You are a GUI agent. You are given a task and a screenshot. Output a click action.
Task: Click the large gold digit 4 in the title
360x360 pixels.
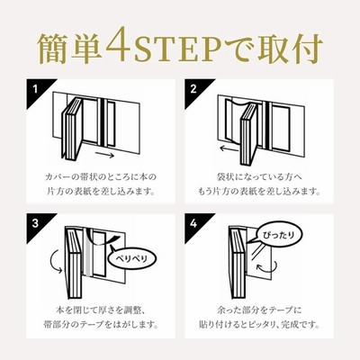click(x=118, y=44)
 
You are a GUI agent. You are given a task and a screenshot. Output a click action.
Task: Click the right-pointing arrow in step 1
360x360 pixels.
click(x=105, y=156)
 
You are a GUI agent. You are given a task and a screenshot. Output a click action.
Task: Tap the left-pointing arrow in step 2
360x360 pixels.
click(x=229, y=148)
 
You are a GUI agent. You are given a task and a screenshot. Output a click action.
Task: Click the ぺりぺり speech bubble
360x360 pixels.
click(x=131, y=257)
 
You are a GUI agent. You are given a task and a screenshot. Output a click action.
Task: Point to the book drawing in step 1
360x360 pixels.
click(x=73, y=128)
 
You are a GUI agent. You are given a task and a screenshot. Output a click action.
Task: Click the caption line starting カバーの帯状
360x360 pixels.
click(x=101, y=176)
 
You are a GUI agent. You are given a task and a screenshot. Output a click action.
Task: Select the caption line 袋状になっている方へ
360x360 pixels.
click(x=259, y=176)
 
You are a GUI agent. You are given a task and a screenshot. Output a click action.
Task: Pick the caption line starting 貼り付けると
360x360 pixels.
click(x=259, y=324)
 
